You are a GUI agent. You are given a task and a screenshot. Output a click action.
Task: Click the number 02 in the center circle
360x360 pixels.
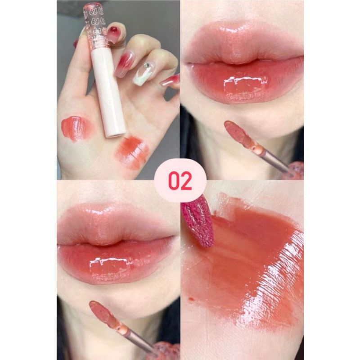(180, 181)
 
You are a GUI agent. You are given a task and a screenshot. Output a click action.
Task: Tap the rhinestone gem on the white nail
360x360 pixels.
(145, 66)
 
